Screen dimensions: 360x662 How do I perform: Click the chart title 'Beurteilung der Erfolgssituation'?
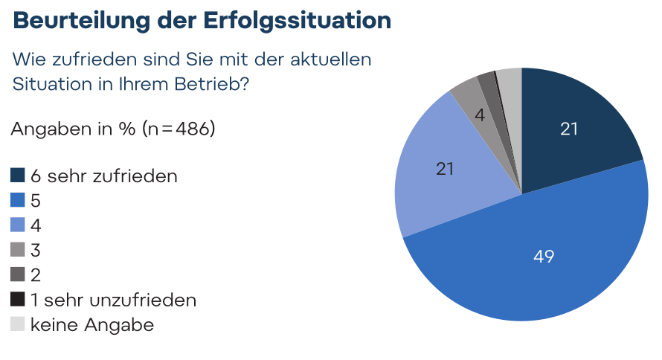pos(202,20)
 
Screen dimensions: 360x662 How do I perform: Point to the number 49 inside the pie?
pos(544,257)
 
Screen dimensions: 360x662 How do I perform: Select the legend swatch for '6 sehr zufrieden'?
pos(18,176)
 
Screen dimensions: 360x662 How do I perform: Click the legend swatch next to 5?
pos(18,200)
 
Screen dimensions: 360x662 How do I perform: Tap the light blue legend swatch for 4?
pos(18,225)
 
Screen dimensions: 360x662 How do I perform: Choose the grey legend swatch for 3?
pos(18,250)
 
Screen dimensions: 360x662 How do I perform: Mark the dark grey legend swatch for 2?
pos(18,274)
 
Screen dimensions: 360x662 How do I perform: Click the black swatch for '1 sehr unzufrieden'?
pos(18,300)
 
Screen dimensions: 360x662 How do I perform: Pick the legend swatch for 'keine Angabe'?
pos(18,324)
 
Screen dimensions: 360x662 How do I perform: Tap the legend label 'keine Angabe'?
pos(92,324)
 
